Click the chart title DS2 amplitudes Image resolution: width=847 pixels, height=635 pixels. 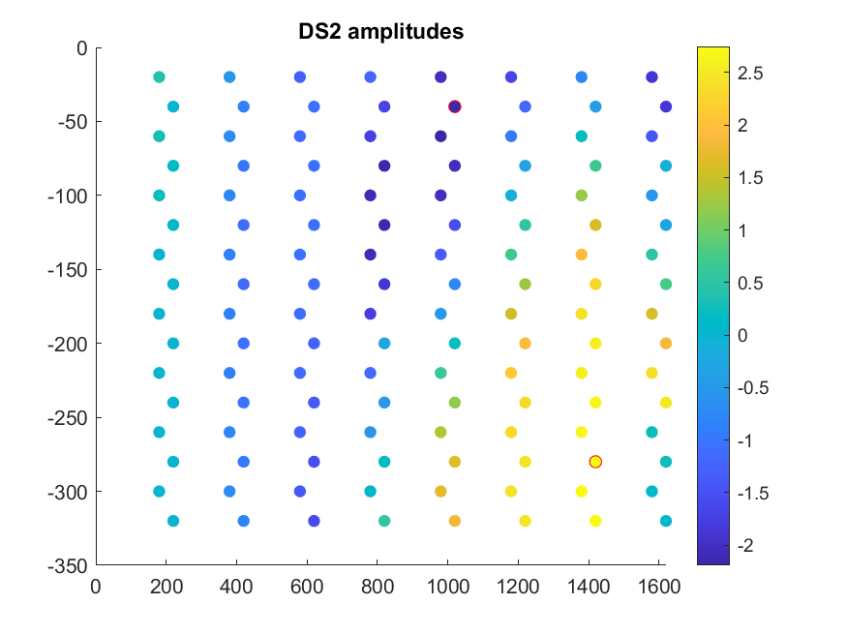tap(380, 32)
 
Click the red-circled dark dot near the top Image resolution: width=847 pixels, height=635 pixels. tap(455, 106)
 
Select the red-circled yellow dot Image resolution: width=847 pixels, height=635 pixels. tap(595, 462)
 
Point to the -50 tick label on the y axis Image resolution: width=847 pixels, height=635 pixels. tap(73, 122)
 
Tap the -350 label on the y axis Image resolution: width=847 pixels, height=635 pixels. tap(68, 566)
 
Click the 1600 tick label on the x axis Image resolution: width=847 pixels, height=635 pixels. tap(659, 587)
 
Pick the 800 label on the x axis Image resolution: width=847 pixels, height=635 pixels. tap(378, 587)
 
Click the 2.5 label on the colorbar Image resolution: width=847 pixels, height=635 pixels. tap(750, 74)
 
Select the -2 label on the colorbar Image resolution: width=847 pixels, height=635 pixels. tap(745, 546)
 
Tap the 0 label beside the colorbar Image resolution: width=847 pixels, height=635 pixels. tap(742, 336)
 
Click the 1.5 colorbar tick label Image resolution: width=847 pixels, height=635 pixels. tap(750, 178)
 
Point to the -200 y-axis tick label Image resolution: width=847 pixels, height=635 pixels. tap(68, 345)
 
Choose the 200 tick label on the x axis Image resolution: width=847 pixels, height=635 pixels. tap(166, 587)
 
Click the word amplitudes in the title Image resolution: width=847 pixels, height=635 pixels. tap(406, 32)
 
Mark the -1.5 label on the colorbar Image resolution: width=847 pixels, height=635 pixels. tap(752, 494)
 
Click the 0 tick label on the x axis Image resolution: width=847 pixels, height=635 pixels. tap(96, 587)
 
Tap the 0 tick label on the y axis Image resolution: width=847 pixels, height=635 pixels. tap(81, 48)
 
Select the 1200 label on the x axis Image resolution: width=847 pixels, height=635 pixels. tap(518, 587)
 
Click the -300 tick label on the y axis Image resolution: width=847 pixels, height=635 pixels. tap(68, 493)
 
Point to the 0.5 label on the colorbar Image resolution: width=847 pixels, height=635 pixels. tap(750, 284)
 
